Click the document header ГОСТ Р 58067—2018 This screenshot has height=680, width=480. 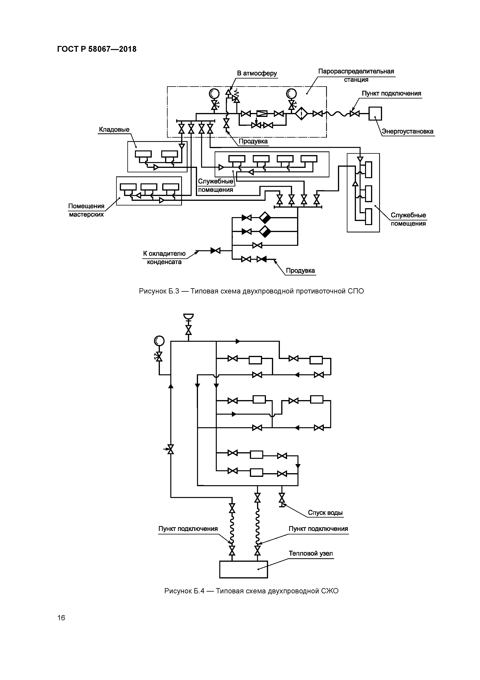[97, 49]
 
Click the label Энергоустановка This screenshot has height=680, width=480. [408, 131]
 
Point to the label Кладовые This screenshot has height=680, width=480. [114, 129]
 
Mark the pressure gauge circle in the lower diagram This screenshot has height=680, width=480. [159, 341]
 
